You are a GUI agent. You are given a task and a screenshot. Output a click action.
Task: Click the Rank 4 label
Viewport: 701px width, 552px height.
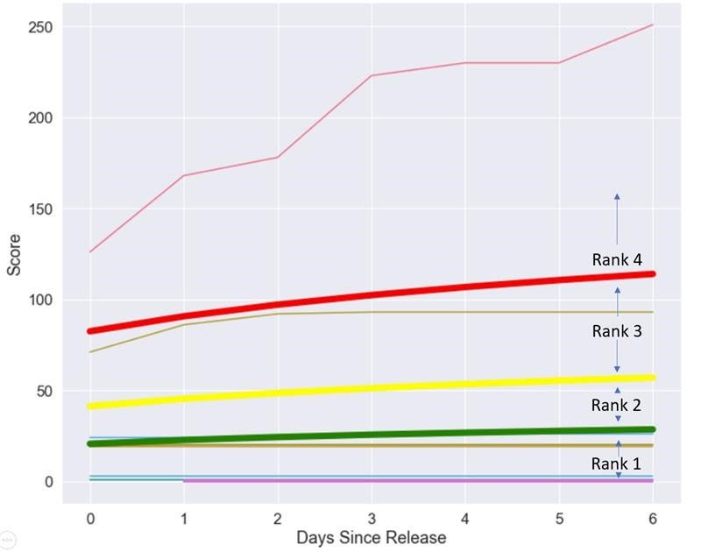pos(616,259)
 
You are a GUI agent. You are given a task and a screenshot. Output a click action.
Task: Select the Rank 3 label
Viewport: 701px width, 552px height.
pos(616,331)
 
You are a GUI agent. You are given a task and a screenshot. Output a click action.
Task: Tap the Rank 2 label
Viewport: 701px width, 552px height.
pos(616,405)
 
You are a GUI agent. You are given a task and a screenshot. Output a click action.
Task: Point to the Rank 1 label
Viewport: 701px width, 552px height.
pos(616,464)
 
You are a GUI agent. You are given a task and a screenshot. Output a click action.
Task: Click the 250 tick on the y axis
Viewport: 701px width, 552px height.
pos(39,27)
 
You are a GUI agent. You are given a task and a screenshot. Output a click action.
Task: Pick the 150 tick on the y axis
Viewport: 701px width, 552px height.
pos(39,209)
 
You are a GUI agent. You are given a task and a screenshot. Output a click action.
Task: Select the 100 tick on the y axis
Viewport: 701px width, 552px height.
pos(39,301)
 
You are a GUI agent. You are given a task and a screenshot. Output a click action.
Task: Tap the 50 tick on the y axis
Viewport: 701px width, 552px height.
pos(42,391)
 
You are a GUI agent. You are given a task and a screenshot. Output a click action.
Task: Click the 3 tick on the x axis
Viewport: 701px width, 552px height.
pos(371,518)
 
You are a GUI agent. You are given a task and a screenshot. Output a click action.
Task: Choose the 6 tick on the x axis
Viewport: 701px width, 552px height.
pos(653,518)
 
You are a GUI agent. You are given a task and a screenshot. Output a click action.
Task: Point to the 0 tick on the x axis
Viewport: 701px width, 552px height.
pos(89,518)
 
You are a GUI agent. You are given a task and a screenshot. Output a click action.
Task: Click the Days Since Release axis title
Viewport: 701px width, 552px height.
pos(371,537)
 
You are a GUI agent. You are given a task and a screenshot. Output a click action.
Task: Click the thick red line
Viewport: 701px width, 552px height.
pos(371,294)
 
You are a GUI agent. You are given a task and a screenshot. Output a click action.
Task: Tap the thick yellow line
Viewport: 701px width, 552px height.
pos(371,387)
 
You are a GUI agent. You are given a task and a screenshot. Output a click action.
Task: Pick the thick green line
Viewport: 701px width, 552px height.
pos(371,435)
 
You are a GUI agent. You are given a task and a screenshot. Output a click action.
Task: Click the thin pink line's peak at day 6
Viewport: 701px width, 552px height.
pos(653,25)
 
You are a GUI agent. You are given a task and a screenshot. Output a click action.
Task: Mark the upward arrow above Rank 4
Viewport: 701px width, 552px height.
pos(617,219)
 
